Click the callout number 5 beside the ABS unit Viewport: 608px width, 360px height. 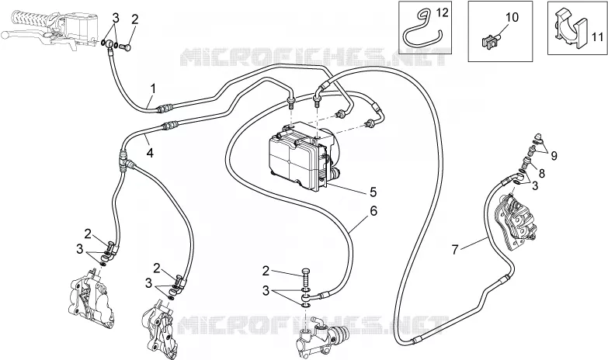[x=373, y=192]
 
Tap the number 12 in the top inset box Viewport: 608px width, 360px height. [x=442, y=12]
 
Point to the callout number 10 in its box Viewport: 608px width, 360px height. [x=512, y=17]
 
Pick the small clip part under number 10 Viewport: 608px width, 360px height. [x=491, y=41]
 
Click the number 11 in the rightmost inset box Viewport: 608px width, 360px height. [x=598, y=37]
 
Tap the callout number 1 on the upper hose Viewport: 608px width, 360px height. [x=153, y=88]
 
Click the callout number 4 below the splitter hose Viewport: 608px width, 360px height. [x=150, y=153]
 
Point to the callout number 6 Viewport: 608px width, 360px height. [x=373, y=211]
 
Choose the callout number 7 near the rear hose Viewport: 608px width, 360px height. [x=455, y=249]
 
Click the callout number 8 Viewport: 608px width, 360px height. [x=542, y=173]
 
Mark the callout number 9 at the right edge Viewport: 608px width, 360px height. [x=554, y=156]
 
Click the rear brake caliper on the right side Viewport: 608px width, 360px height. [x=515, y=220]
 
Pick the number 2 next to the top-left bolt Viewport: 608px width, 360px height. [x=134, y=19]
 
